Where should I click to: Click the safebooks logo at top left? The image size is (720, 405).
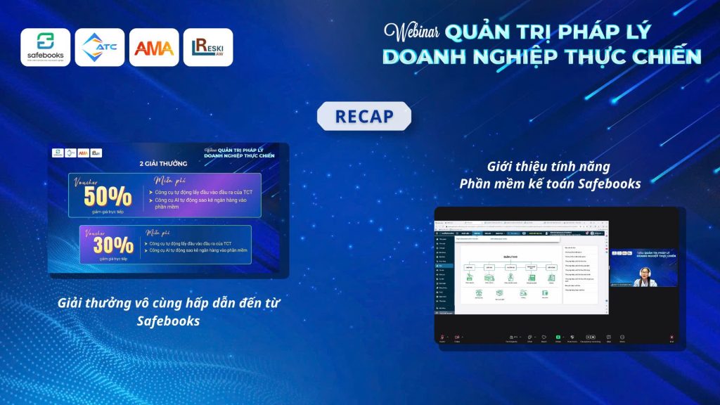coord(46,47)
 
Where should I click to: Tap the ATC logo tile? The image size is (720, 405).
coord(100,47)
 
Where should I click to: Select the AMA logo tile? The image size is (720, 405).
coord(154,47)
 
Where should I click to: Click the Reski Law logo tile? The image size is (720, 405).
coord(208,47)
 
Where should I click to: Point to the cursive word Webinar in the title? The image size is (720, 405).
coord(413,32)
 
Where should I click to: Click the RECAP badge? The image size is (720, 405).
coord(364,116)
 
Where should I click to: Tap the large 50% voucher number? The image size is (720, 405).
coord(109,196)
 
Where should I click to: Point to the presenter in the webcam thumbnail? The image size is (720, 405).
coord(641,278)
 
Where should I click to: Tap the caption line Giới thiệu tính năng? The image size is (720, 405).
coord(549,167)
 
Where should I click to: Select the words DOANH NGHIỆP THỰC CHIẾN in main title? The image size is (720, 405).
coord(541,57)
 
